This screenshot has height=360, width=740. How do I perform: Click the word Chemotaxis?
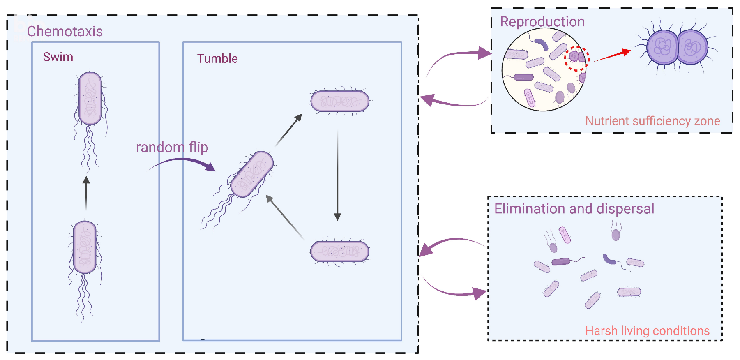point(65,32)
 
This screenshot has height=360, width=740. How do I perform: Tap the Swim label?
point(58,57)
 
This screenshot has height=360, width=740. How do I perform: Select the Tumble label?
point(217,59)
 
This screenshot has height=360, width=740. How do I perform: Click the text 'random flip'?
point(172,147)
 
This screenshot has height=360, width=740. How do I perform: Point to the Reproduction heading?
point(542,22)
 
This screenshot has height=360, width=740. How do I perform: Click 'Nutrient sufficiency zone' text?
point(652,121)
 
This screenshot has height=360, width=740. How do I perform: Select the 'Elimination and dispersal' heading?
point(574,209)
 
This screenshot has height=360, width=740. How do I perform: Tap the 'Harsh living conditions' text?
point(647,331)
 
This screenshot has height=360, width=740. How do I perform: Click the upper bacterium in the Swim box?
point(90,99)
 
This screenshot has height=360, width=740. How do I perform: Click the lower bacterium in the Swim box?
point(85,247)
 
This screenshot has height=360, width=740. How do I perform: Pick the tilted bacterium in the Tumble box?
point(251,174)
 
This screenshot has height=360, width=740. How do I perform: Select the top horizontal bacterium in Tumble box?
point(340,101)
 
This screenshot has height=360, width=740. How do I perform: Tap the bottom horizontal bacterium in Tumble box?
point(340,251)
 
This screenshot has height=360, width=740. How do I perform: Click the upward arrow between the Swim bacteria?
point(86,193)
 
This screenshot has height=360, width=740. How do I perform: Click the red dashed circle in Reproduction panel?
point(576,58)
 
